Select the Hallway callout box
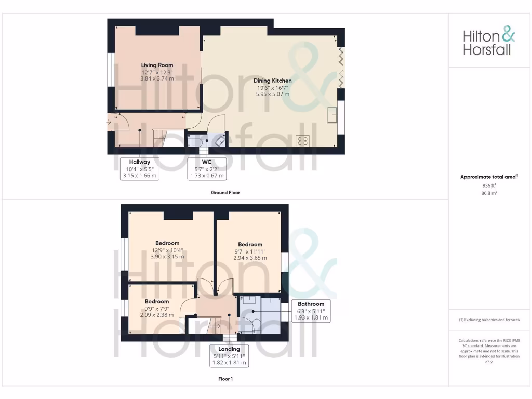(x=139, y=169)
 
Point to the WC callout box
(x=207, y=169)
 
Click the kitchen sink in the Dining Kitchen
(x=332, y=115)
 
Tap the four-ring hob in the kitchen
(x=302, y=141)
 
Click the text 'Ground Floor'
(x=225, y=193)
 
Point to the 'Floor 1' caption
(x=225, y=379)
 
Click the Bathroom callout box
(x=311, y=311)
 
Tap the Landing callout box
(x=229, y=356)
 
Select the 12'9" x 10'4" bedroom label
(x=167, y=249)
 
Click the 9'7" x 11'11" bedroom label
(x=250, y=251)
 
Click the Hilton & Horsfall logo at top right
(x=489, y=43)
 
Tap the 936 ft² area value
(x=489, y=185)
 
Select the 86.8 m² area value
(x=489, y=192)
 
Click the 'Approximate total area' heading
(x=488, y=177)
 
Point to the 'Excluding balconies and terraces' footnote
(x=489, y=320)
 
